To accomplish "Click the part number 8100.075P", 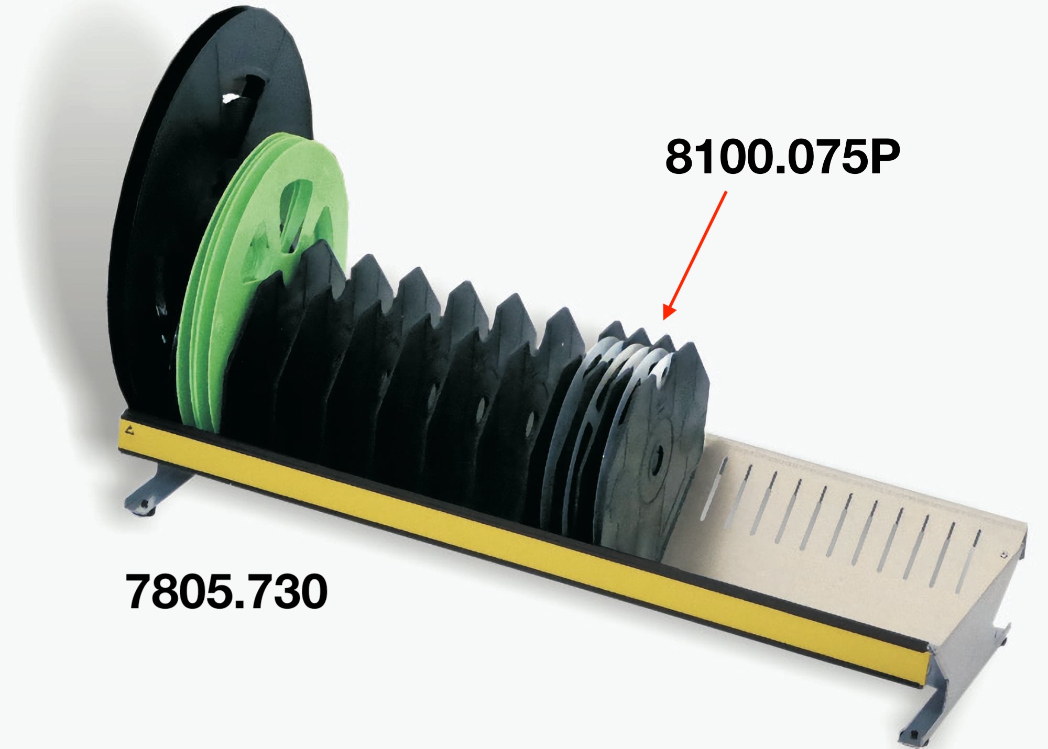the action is [782, 157].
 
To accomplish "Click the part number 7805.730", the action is [226, 591].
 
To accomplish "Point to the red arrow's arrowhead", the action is [669, 310].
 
